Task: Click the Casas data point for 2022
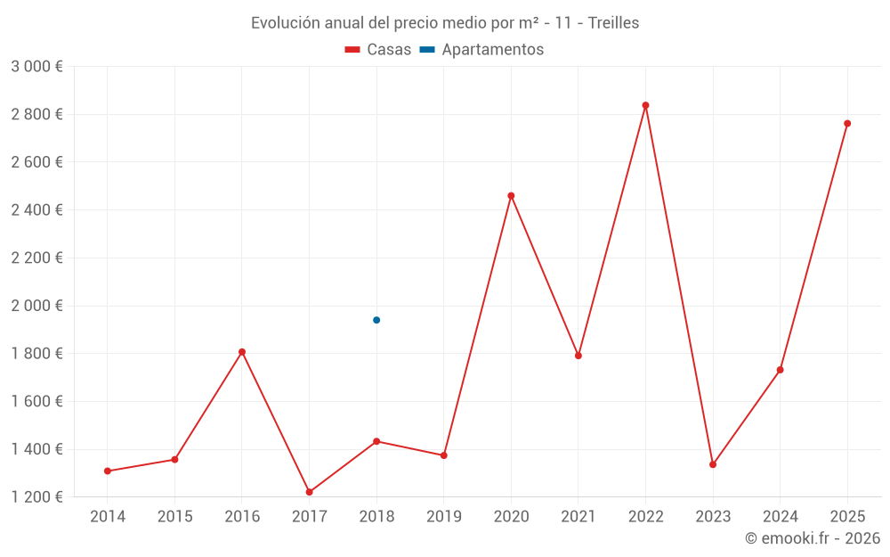[645, 105]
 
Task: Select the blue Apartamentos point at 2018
[376, 320]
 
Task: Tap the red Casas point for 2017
[309, 492]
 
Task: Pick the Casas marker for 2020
[511, 196]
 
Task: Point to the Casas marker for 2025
[847, 124]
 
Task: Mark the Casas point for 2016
[242, 352]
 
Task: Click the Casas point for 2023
[713, 464]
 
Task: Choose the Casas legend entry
[378, 50]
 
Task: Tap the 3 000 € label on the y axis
[36, 67]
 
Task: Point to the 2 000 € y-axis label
[36, 306]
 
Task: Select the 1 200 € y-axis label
[36, 497]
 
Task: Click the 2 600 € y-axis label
[36, 162]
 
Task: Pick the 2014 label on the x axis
[108, 517]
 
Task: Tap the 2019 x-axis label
[444, 517]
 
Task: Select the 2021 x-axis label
[578, 517]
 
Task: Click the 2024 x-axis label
[780, 517]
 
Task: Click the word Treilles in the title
[613, 23]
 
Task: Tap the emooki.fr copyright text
[812, 538]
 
